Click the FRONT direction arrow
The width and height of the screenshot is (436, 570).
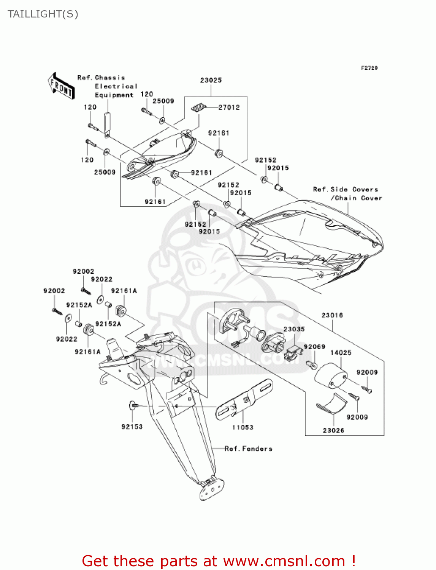pyautogui.click(x=61, y=86)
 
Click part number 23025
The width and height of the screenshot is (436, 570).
pyautogui.click(x=211, y=80)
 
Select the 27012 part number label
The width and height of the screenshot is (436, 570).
pyautogui.click(x=229, y=108)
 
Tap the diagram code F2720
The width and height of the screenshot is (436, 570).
pyautogui.click(x=369, y=68)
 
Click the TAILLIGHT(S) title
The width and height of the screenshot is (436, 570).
pyautogui.click(x=43, y=14)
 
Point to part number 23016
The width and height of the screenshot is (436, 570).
pyautogui.click(x=332, y=315)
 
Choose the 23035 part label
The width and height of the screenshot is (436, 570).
pyautogui.click(x=294, y=329)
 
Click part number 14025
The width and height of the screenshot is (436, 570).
pyautogui.click(x=341, y=353)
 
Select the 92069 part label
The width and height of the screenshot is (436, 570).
pyautogui.click(x=314, y=347)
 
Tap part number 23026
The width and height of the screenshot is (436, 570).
pyautogui.click(x=333, y=430)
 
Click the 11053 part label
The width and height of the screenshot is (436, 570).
pyautogui.click(x=243, y=427)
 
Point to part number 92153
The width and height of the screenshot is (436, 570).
pyautogui.click(x=132, y=427)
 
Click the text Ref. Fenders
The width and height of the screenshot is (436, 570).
pyautogui.click(x=249, y=448)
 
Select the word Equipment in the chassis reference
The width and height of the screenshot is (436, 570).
pyautogui.click(x=114, y=95)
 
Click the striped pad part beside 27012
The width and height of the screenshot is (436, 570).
pyautogui.click(x=198, y=108)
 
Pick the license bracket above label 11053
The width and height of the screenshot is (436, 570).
pyautogui.click(x=244, y=400)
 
